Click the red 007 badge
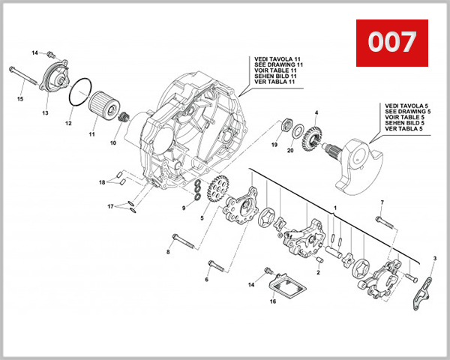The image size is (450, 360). click(x=391, y=42)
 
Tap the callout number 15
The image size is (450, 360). click(x=20, y=98)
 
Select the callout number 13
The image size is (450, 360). click(x=45, y=112)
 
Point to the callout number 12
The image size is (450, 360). click(x=68, y=123)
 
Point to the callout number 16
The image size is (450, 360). click(x=273, y=301)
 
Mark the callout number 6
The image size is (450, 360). click(x=207, y=280)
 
